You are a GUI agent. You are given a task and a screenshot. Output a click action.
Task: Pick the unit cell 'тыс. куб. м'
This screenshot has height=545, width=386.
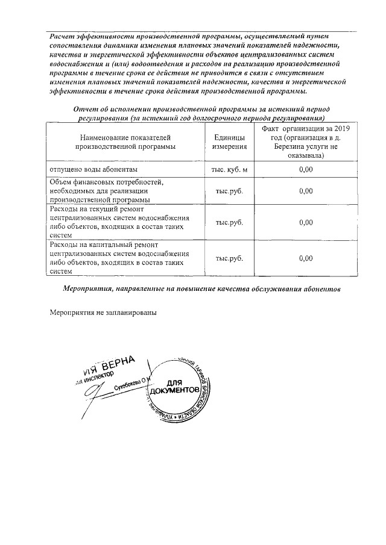230,170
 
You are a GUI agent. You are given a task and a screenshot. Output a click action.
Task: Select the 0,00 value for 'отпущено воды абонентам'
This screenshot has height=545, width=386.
306,170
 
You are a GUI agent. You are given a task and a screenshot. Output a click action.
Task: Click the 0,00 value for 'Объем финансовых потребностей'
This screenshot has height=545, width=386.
306,191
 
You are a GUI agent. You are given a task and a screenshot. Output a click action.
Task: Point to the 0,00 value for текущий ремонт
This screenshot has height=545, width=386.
306,222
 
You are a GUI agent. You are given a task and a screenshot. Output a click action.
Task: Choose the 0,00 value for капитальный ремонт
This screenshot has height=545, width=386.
306,258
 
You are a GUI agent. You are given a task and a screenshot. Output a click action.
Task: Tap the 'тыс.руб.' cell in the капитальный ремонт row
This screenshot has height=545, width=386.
230,258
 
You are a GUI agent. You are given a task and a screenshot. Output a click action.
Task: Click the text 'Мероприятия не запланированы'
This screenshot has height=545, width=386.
103,314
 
